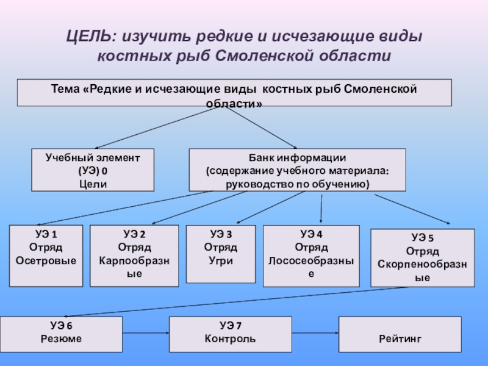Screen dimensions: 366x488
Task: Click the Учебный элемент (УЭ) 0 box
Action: (x=93, y=170)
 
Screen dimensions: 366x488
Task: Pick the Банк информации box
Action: (x=297, y=170)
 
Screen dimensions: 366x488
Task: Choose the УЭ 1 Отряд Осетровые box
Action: (x=45, y=256)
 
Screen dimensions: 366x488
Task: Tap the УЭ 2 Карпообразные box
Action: (x=134, y=256)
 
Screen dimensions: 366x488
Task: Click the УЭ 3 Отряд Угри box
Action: (x=220, y=254)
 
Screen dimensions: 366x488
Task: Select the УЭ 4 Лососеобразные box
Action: (x=311, y=256)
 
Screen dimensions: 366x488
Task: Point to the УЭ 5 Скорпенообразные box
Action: (x=422, y=257)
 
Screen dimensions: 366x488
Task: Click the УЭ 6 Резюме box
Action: (x=61, y=334)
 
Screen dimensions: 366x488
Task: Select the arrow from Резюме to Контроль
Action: (x=146, y=333)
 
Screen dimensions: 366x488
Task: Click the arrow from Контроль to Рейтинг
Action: (x=315, y=333)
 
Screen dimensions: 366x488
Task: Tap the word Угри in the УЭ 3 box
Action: (x=220, y=261)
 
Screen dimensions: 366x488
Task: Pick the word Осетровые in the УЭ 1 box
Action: (x=46, y=261)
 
